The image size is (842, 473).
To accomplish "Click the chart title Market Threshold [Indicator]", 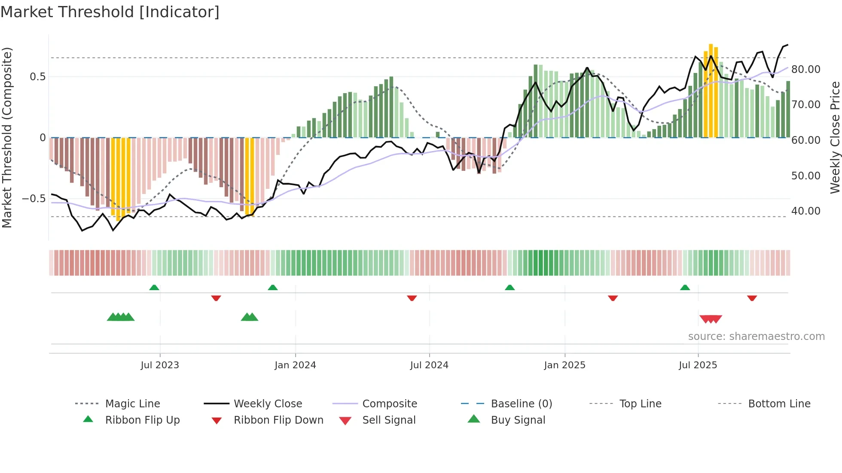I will tap(110, 12).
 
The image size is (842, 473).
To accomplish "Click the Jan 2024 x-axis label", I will tap(295, 365).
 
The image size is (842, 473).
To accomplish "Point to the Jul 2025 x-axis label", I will tap(698, 365).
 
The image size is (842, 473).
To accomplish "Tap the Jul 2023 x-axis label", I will tap(160, 365).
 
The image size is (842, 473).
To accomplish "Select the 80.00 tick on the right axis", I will tap(805, 70).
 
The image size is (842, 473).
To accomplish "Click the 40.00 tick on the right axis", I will tap(805, 211).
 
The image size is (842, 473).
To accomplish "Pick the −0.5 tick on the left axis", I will tap(34, 199).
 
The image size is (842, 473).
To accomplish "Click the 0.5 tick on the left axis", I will tap(37, 77).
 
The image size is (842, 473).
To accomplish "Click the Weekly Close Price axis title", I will tap(835, 137).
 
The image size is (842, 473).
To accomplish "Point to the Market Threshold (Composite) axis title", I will tap(7, 137).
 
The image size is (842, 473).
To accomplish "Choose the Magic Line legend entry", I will tap(132, 404).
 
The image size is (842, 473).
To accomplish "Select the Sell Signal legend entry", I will tap(389, 420).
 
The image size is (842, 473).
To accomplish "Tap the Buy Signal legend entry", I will tap(518, 420).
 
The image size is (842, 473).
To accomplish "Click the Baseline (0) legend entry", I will tap(521, 404).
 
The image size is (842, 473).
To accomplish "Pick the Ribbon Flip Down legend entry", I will tap(278, 420).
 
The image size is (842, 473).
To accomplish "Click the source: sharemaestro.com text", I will tap(756, 337).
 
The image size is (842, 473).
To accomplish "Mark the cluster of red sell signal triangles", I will tap(711, 319).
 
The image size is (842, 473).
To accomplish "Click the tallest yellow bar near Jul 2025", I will tap(711, 90).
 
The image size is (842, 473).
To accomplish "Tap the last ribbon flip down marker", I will tap(752, 298).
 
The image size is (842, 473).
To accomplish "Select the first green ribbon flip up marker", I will tap(154, 287).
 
